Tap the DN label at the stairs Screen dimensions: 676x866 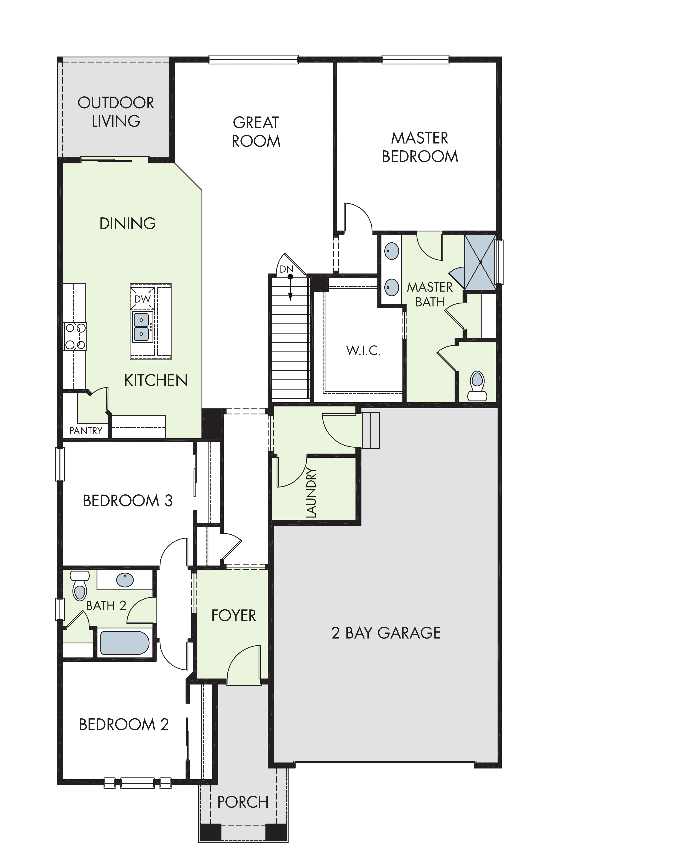pos(286,269)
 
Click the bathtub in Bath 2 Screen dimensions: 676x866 pos(125,643)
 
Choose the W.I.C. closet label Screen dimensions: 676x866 pos(363,351)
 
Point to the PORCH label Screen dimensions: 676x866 pos(243,802)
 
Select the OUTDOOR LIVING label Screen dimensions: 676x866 pos(116,112)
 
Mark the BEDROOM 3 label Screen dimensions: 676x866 pos(128,501)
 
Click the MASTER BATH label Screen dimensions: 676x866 pos(430,294)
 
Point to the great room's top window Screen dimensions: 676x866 pos(254,60)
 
